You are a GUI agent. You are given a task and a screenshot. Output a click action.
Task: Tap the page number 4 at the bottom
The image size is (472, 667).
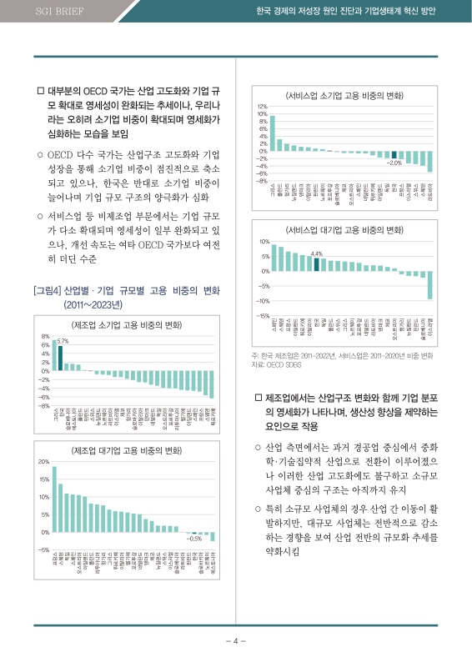point(236,640)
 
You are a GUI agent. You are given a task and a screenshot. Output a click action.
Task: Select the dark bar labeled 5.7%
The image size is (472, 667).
point(60,357)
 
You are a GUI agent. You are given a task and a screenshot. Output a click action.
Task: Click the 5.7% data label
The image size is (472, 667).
point(63,341)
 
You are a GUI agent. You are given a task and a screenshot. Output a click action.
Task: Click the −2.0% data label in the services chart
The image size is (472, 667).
point(394,163)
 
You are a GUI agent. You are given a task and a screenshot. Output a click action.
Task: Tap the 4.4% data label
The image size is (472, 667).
point(316,253)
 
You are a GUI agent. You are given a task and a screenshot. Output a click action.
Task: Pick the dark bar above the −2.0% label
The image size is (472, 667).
point(394,154)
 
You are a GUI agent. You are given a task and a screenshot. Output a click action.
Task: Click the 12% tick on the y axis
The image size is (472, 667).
point(261,107)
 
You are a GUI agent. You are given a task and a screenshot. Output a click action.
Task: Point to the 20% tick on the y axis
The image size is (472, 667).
point(43,461)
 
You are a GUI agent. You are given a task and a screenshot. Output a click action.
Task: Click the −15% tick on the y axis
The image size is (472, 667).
point(262,316)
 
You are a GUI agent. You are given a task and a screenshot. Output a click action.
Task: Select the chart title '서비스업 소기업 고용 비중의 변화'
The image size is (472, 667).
point(346,95)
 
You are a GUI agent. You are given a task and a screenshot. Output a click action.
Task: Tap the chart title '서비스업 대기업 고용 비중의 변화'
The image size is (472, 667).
point(346,229)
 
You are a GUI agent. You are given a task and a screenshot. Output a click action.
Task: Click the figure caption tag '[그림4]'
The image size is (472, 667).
point(45,291)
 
